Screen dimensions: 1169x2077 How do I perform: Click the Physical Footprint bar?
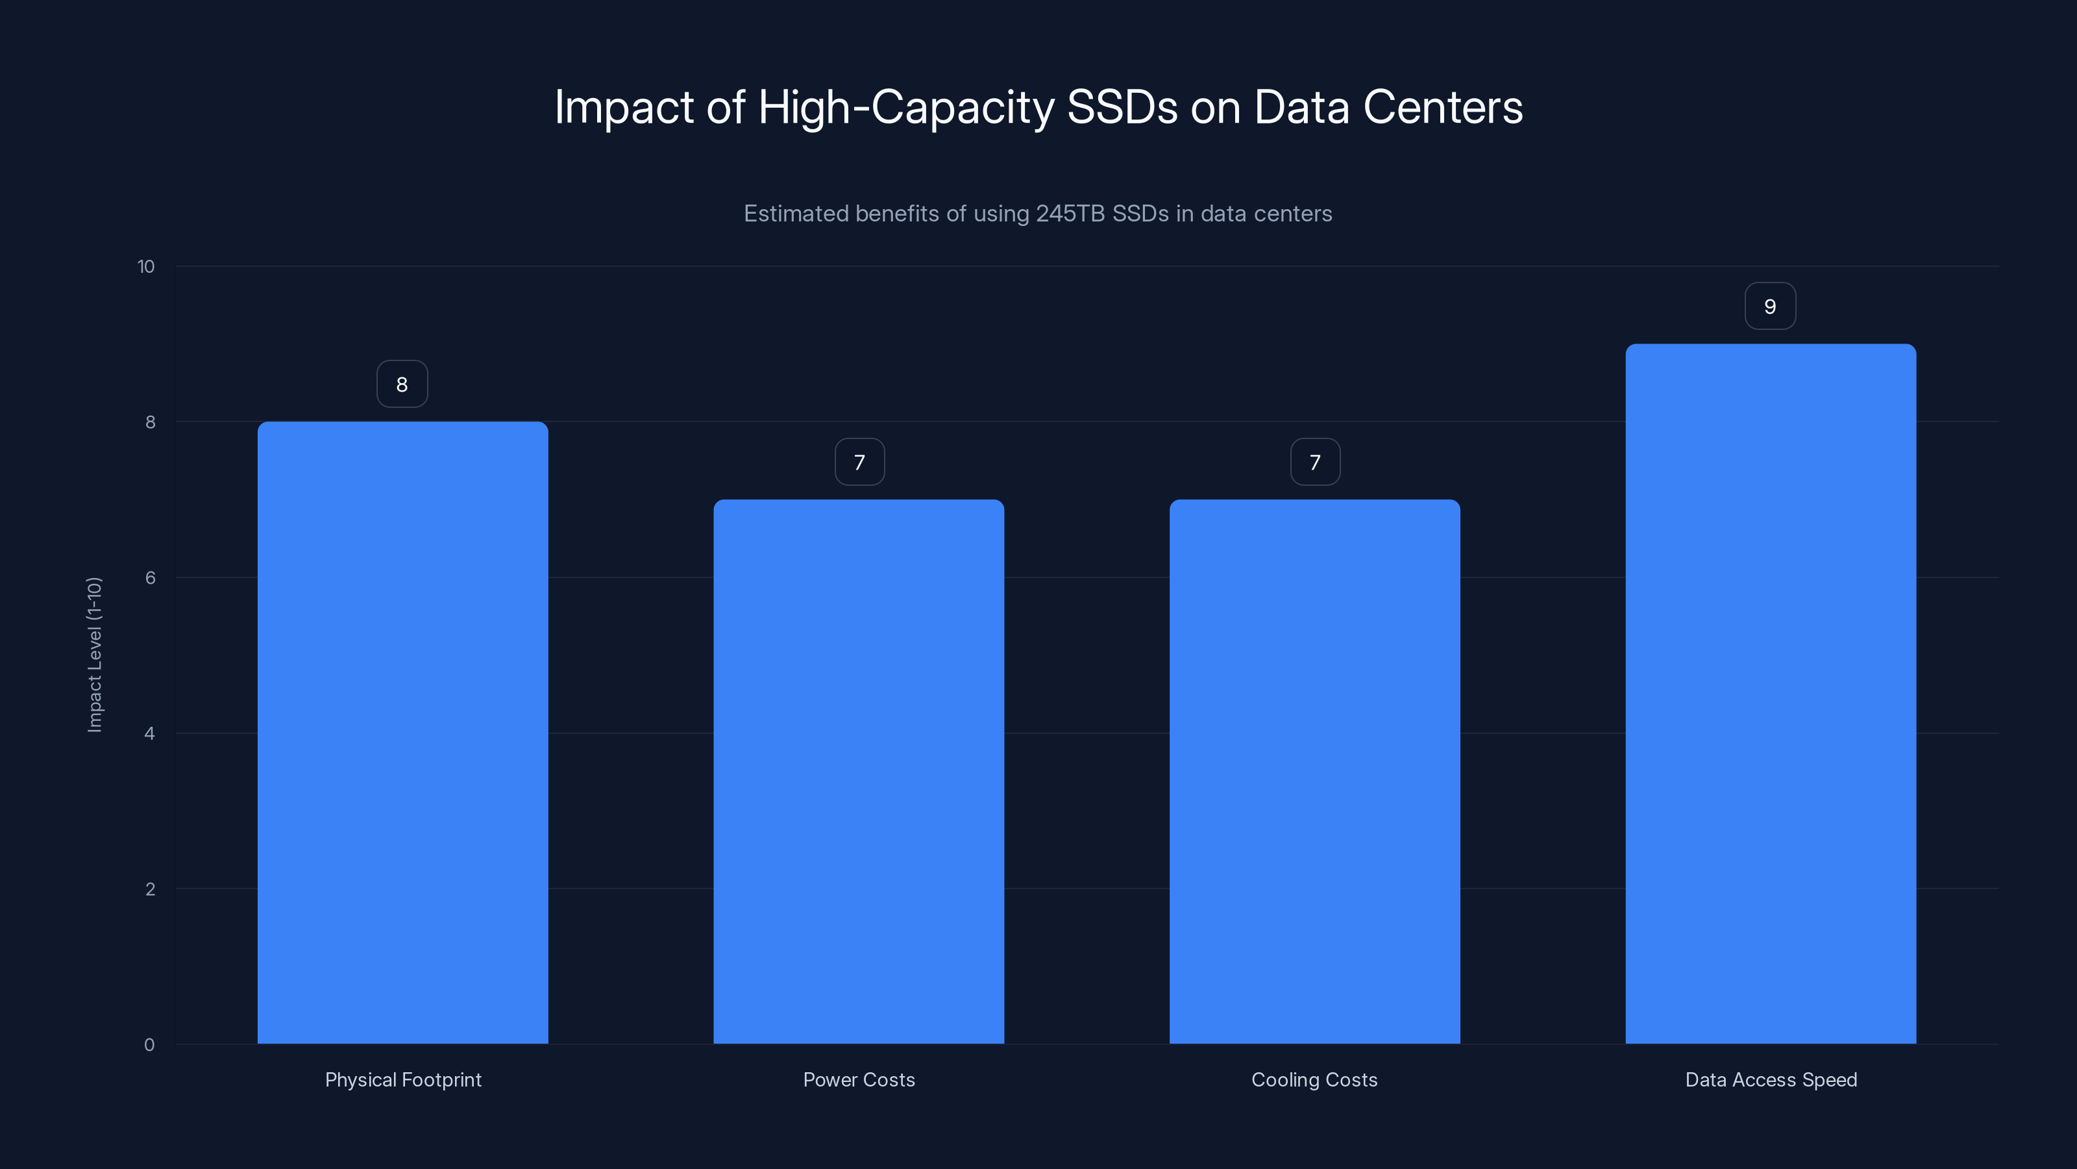(402, 733)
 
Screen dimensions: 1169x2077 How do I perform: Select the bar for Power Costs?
(859, 772)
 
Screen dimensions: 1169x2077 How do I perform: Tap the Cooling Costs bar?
(1314, 772)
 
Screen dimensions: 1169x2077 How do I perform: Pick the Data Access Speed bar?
(1771, 694)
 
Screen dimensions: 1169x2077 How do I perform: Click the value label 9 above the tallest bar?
(1770, 307)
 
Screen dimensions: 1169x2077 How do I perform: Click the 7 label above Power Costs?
(859, 462)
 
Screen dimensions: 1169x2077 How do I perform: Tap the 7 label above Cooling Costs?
(1315, 462)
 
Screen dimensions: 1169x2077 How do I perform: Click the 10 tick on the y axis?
(146, 267)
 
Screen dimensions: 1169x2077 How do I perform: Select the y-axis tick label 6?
(150, 577)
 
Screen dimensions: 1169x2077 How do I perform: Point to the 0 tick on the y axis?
(149, 1045)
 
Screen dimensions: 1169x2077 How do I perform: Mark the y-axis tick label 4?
(149, 733)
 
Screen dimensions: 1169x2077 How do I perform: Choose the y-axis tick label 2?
(150, 889)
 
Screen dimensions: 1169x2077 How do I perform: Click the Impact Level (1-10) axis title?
(94, 654)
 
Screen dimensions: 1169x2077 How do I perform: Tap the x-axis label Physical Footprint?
(403, 1079)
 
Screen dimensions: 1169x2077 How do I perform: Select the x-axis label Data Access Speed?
(1771, 1079)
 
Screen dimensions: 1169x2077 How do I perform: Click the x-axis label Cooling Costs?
(1314, 1079)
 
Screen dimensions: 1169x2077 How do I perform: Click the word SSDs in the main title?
(1122, 107)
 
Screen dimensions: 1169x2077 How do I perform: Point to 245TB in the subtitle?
(1069, 214)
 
